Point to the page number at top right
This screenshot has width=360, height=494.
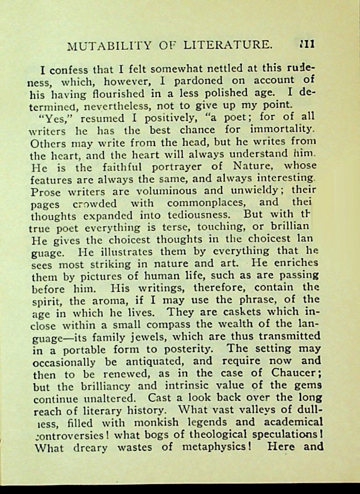click(307, 44)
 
